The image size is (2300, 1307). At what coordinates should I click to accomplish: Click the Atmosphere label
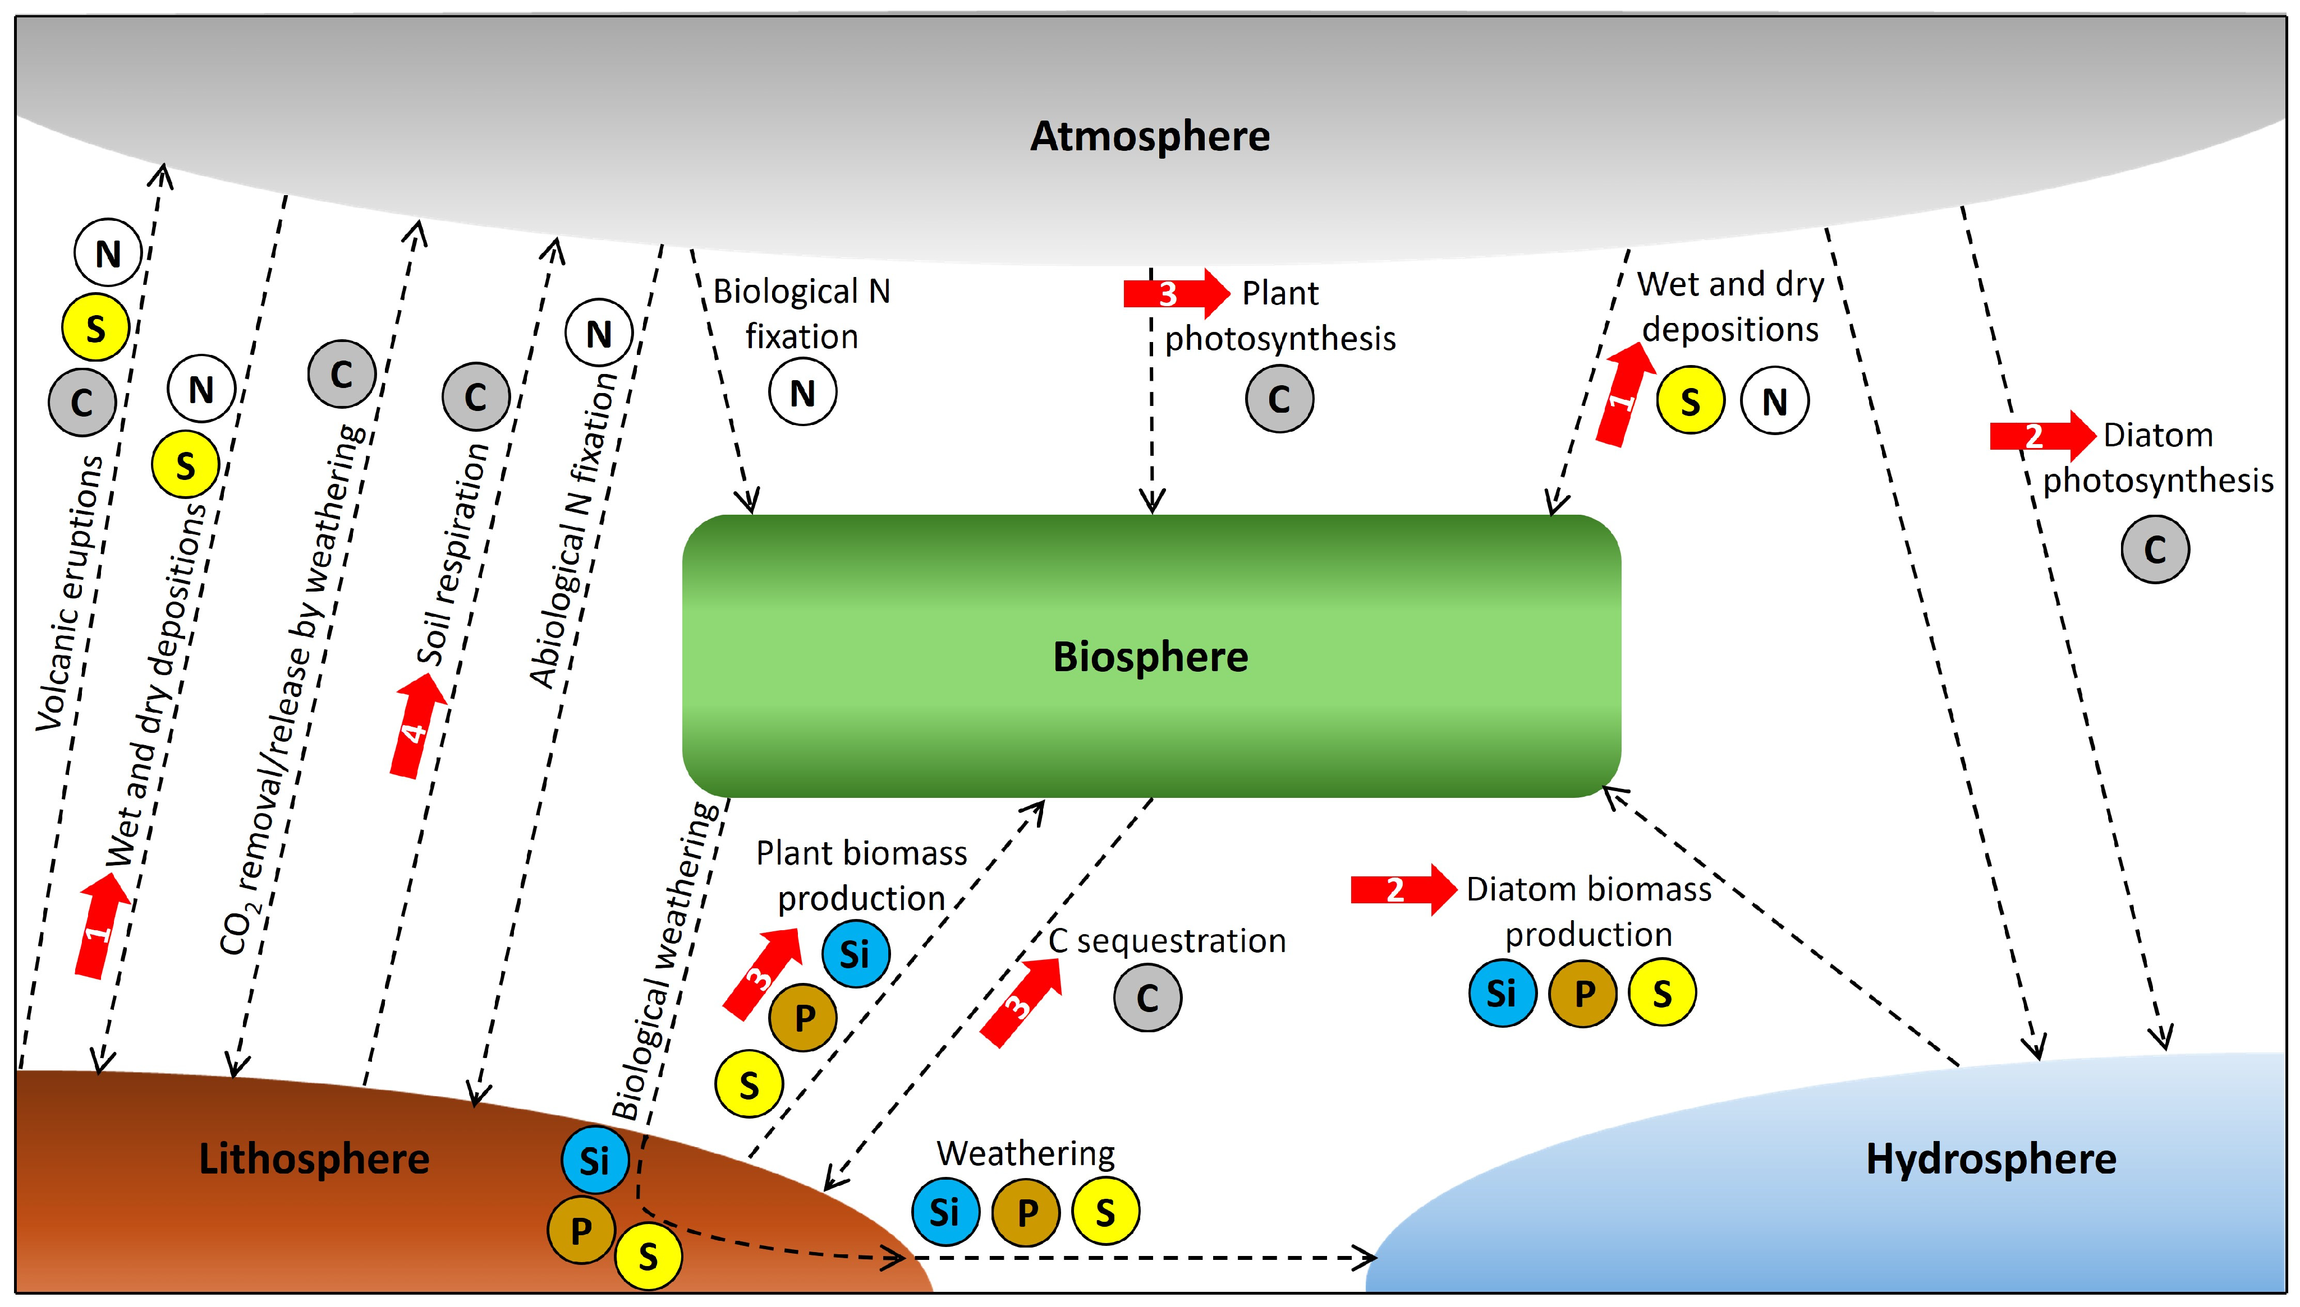[x=1150, y=136]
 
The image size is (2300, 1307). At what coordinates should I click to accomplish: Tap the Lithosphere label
[x=314, y=1159]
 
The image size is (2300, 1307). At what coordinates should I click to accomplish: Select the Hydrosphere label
[x=1990, y=1159]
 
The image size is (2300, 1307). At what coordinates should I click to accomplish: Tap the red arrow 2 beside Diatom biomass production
[x=1402, y=890]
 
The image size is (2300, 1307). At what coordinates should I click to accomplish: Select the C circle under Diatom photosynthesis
[x=2155, y=549]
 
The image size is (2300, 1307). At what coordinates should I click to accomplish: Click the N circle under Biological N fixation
[x=802, y=392]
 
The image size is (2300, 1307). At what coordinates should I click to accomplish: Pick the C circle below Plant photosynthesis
[x=1279, y=399]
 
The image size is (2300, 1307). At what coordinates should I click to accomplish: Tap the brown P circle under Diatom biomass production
[x=1582, y=993]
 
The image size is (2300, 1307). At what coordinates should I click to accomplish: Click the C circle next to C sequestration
[x=1147, y=997]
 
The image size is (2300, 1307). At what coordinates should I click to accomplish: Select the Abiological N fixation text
[x=572, y=530]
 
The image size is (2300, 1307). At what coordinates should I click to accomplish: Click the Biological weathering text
[x=664, y=960]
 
